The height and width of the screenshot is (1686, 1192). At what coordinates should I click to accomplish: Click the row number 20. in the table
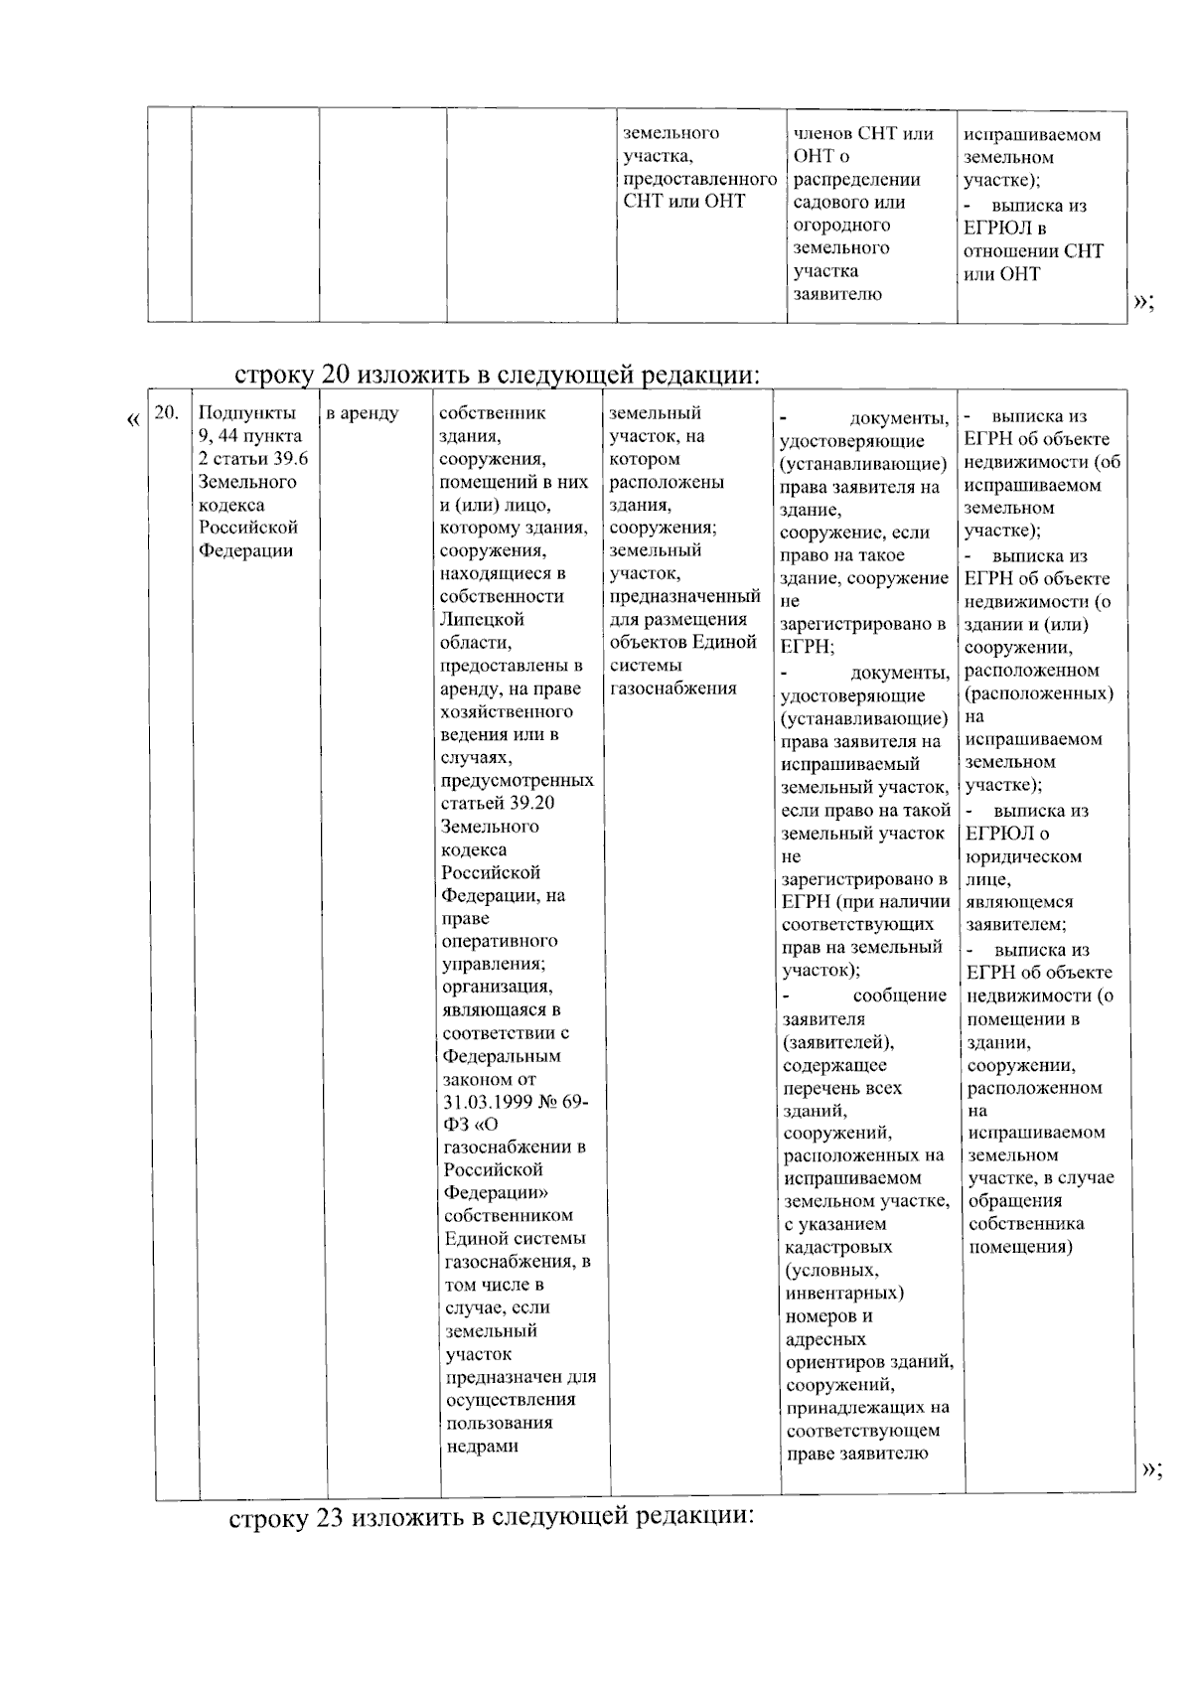[x=168, y=413]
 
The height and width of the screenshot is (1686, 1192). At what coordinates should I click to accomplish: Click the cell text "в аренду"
[x=363, y=413]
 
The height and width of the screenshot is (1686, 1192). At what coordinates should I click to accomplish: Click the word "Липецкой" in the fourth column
[x=482, y=619]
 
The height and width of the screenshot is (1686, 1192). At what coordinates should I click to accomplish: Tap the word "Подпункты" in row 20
[x=246, y=413]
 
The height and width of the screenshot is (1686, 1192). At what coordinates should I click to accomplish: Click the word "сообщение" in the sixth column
[x=899, y=996]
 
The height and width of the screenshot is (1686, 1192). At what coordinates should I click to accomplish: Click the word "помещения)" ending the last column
[x=1020, y=1247]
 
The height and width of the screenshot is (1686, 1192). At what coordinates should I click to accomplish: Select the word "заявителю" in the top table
[x=836, y=294]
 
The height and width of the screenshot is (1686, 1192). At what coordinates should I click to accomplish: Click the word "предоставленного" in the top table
[x=699, y=179]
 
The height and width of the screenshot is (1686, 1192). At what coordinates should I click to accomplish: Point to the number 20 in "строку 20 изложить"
[x=334, y=376]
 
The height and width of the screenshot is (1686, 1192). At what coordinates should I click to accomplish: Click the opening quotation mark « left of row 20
[x=133, y=420]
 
